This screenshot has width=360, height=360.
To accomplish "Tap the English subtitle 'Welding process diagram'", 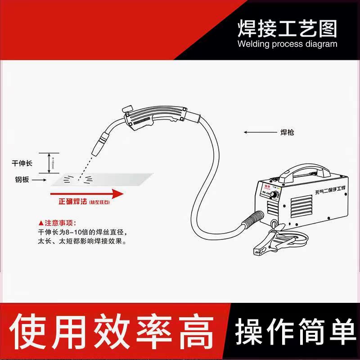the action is click(x=287, y=44).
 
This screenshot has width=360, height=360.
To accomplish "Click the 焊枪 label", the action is click(x=287, y=133).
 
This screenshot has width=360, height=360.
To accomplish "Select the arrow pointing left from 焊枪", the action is click(x=258, y=132).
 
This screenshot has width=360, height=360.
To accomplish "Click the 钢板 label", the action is click(x=21, y=179).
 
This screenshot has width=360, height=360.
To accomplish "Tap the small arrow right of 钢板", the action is click(x=40, y=179).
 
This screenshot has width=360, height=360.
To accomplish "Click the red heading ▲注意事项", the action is click(x=58, y=223).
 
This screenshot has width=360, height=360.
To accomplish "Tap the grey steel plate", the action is click(x=103, y=179).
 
